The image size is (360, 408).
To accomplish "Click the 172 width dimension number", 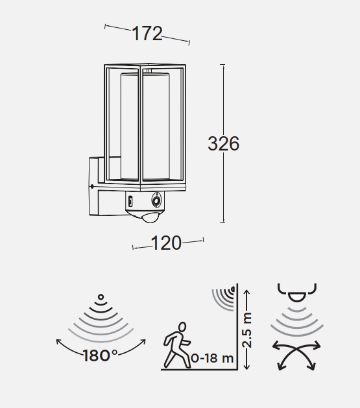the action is [x=147, y=34].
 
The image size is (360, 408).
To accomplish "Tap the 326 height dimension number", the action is [x=223, y=143].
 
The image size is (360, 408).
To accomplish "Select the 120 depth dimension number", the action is [x=166, y=243].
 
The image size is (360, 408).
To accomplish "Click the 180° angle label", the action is [x=100, y=355].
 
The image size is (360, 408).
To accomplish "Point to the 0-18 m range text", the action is [x=212, y=358].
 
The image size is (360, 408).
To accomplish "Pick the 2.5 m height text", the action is [x=247, y=330].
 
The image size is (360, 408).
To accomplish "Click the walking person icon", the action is [x=177, y=345].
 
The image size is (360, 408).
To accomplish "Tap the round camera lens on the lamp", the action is [x=156, y=201].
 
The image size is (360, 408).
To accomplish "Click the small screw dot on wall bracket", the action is [x=92, y=186].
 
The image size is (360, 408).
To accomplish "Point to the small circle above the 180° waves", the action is [x=101, y=297].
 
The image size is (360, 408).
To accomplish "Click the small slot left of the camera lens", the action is [x=130, y=201].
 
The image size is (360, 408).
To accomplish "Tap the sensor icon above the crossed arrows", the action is [x=297, y=293].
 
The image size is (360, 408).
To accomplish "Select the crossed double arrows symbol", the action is [x=296, y=355].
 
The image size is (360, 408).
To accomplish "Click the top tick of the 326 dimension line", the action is [x=222, y=64].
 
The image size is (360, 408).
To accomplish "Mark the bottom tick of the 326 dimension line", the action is [x=222, y=222].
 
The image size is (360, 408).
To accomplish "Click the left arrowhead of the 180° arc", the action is [x=58, y=342].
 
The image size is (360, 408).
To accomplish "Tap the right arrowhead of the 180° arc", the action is [x=143, y=342].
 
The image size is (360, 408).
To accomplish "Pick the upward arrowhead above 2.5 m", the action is [x=247, y=292].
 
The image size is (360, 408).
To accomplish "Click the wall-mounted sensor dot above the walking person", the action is [x=233, y=289].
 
